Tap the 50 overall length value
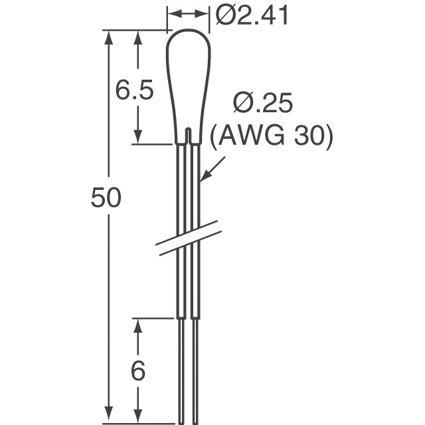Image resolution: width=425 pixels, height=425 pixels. pyautogui.click(x=106, y=199)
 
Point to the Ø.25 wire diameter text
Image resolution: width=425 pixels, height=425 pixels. pyautogui.click(x=264, y=104)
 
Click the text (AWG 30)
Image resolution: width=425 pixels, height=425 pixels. pyautogui.click(x=270, y=137)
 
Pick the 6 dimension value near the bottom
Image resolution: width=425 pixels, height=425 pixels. pyautogui.click(x=137, y=371)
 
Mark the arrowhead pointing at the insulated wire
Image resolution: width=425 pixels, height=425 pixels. pyautogui.click(x=205, y=175)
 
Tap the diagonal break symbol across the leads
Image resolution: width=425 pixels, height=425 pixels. pyautogui.click(x=189, y=237)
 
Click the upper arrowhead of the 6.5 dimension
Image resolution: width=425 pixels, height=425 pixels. pyautogui.click(x=137, y=37)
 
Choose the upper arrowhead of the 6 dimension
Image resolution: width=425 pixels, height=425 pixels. pyautogui.click(x=137, y=325)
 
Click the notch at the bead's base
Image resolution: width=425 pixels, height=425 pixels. pyautogui.click(x=189, y=136)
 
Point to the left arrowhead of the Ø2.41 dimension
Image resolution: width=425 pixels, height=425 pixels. pyautogui.click(x=172, y=13)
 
